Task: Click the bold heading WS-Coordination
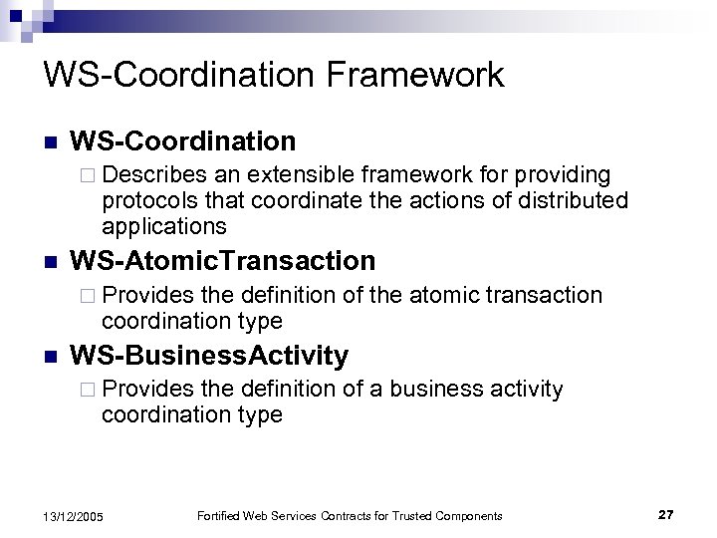tap(184, 140)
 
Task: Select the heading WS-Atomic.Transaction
tap(224, 261)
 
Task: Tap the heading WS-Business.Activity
tap(210, 355)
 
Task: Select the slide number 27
tap(666, 514)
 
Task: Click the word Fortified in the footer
tap(219, 515)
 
